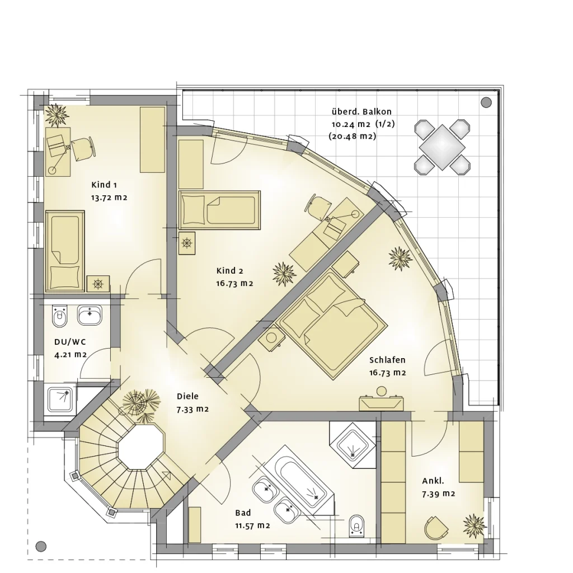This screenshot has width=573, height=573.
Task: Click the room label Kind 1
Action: pos(104,185)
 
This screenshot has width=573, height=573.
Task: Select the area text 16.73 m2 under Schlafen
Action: pos(387,373)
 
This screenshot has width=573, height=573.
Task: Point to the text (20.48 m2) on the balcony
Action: pos(353,136)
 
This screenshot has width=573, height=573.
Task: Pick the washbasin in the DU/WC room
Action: pos(89,315)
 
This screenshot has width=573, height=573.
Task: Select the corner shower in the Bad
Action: pos(353,443)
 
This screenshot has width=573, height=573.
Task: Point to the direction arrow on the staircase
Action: pos(166,476)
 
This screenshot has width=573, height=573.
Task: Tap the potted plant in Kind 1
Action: pos(57,115)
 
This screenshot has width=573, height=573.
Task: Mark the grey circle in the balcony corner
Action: pos(486,102)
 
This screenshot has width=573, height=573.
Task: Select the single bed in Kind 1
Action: pos(64,251)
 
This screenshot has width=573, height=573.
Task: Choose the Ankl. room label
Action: pos(433,481)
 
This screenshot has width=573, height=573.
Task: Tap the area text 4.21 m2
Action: pos(71,354)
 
